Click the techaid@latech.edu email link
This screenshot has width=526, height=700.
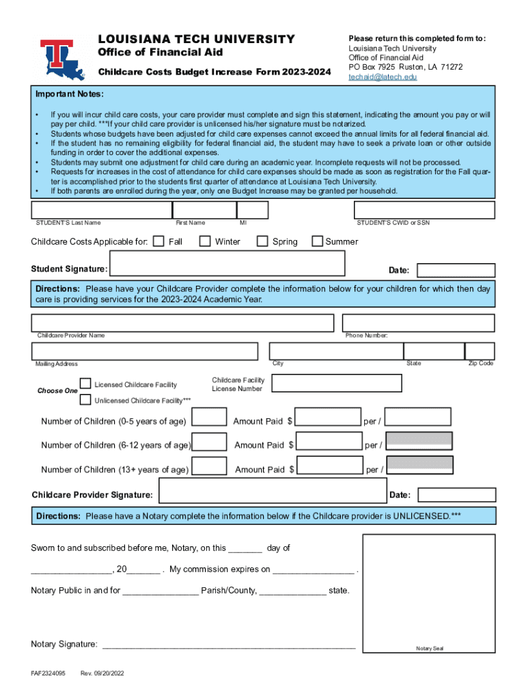point(383,77)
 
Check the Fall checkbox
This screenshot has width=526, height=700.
point(158,241)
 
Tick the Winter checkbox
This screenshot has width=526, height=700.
point(204,241)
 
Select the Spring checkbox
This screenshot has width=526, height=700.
point(262,241)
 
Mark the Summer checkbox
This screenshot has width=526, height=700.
point(317,241)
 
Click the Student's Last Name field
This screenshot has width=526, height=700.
point(101,210)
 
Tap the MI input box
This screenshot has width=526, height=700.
point(253,210)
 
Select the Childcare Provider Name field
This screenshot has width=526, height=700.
point(182,323)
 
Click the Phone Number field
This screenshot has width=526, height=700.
point(418,323)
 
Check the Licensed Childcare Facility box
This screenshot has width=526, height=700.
point(86,383)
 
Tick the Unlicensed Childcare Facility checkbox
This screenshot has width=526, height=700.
point(86,400)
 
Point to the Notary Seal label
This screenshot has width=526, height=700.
point(430,649)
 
